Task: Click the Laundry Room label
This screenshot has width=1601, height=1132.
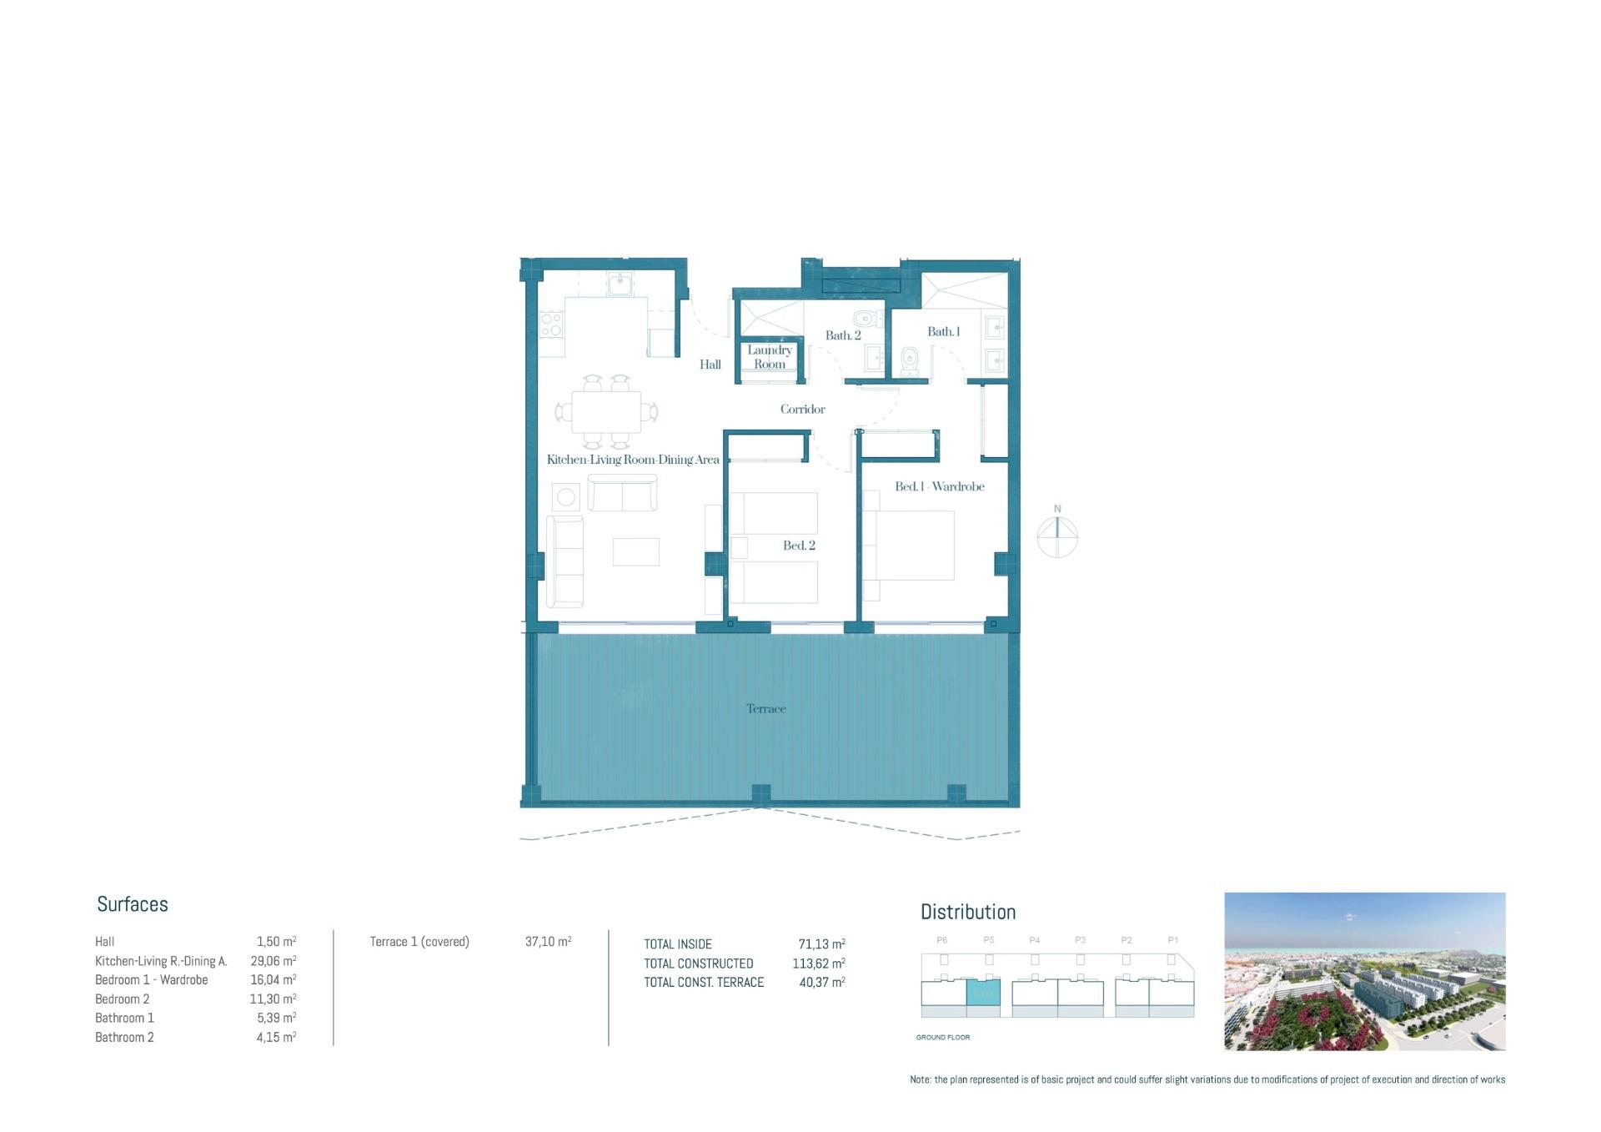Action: point(769,357)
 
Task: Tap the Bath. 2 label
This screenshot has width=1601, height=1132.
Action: point(843,335)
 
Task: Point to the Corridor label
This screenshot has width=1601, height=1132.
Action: point(802,409)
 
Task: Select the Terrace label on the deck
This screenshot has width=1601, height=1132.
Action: point(765,708)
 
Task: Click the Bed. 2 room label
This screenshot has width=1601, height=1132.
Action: point(799,546)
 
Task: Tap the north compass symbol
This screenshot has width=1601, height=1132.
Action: point(1057,536)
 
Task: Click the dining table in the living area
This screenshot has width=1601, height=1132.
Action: point(606,412)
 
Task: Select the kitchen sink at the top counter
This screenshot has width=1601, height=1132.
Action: point(620,285)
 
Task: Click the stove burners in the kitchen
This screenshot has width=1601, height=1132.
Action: point(550,325)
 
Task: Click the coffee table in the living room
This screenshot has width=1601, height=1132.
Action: point(635,552)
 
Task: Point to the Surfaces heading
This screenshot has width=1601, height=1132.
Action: point(133,904)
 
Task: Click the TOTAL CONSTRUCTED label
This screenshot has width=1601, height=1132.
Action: point(699,963)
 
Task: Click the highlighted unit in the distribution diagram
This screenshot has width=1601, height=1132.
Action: point(983,994)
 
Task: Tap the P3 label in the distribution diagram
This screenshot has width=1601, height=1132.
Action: point(1080,940)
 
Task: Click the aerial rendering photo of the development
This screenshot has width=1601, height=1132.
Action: point(1364,971)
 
